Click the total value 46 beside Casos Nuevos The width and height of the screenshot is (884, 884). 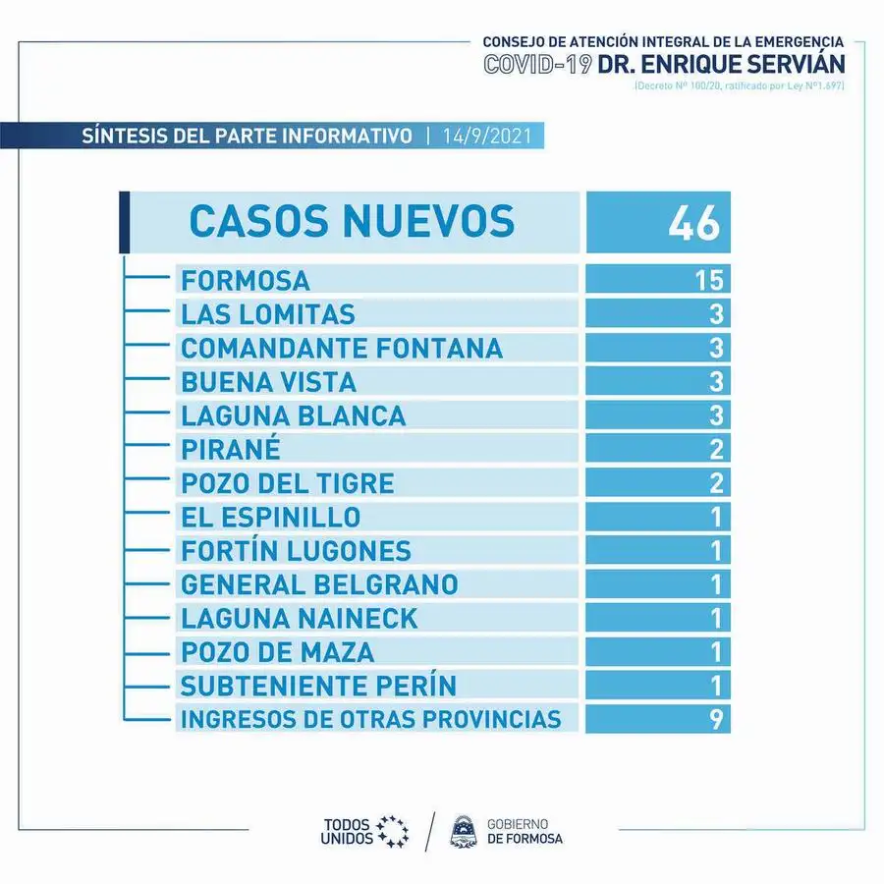(694, 223)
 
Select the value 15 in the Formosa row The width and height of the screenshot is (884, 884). (709, 280)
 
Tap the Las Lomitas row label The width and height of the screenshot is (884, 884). (268, 314)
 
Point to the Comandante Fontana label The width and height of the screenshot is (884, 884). (342, 348)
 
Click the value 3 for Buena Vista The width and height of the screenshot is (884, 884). (716, 382)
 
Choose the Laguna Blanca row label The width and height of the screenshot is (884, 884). (293, 415)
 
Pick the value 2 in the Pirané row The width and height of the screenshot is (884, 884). (716, 449)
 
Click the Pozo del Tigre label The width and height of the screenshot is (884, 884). (288, 483)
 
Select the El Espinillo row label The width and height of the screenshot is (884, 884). (271, 517)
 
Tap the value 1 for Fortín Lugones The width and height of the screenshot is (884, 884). (716, 551)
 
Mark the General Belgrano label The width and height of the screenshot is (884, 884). (319, 584)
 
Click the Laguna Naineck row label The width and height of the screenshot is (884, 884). (300, 619)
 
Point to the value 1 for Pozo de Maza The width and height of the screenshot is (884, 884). (716, 652)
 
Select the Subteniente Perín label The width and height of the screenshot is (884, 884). (318, 686)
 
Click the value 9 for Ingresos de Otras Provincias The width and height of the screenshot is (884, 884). (716, 719)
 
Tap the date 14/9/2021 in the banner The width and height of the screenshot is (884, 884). (487, 136)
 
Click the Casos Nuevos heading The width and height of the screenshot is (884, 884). (352, 220)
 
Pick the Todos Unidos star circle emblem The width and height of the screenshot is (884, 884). (392, 832)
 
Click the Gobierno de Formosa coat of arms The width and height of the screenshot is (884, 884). (464, 832)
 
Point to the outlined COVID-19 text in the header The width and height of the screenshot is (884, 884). (538, 64)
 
